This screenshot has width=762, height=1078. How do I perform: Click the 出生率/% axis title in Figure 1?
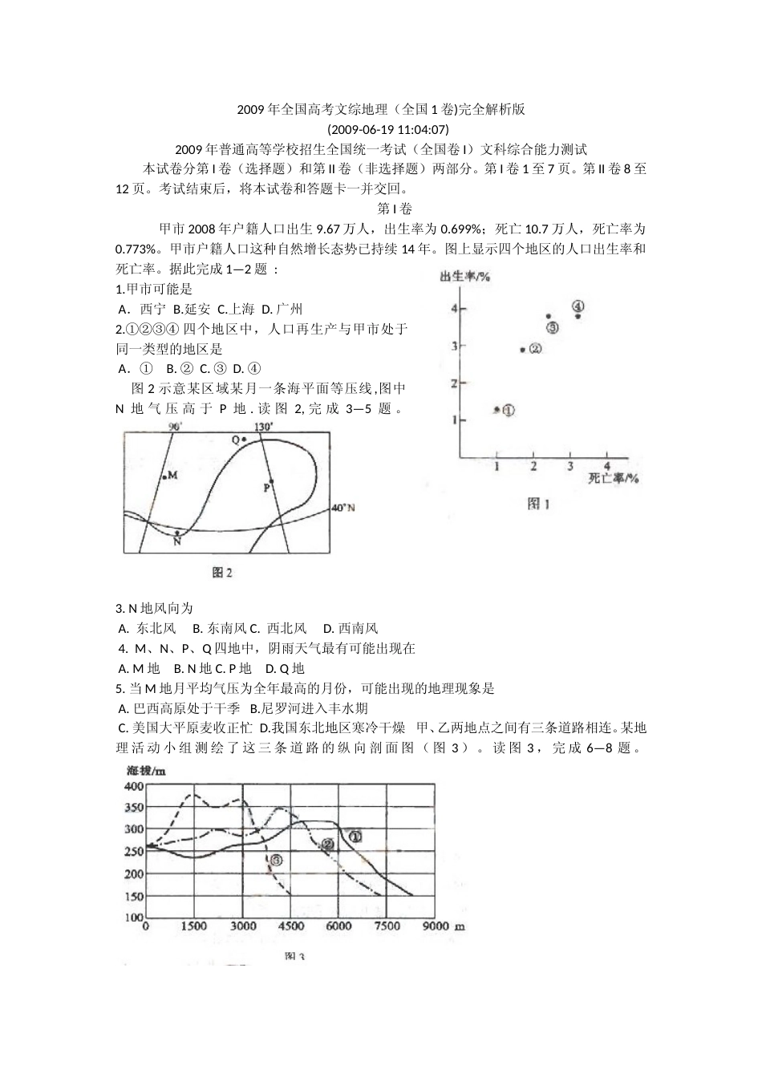[464, 278]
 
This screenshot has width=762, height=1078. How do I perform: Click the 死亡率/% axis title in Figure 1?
[614, 478]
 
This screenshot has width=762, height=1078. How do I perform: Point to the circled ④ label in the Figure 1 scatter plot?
[578, 306]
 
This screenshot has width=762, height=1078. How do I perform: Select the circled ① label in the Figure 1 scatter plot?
[509, 410]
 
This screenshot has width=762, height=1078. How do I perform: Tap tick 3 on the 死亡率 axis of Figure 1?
[570, 466]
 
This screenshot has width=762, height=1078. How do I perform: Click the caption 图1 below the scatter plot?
[537, 504]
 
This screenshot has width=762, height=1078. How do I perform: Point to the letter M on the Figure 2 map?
[172, 476]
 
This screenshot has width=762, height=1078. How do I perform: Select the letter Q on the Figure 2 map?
[236, 440]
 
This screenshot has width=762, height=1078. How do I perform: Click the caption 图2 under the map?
[222, 572]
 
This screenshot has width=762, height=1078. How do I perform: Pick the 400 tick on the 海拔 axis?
[133, 786]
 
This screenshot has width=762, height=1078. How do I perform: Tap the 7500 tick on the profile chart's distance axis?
[387, 926]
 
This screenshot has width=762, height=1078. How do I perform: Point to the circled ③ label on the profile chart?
[276, 860]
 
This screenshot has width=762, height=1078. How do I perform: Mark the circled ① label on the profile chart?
[355, 836]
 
